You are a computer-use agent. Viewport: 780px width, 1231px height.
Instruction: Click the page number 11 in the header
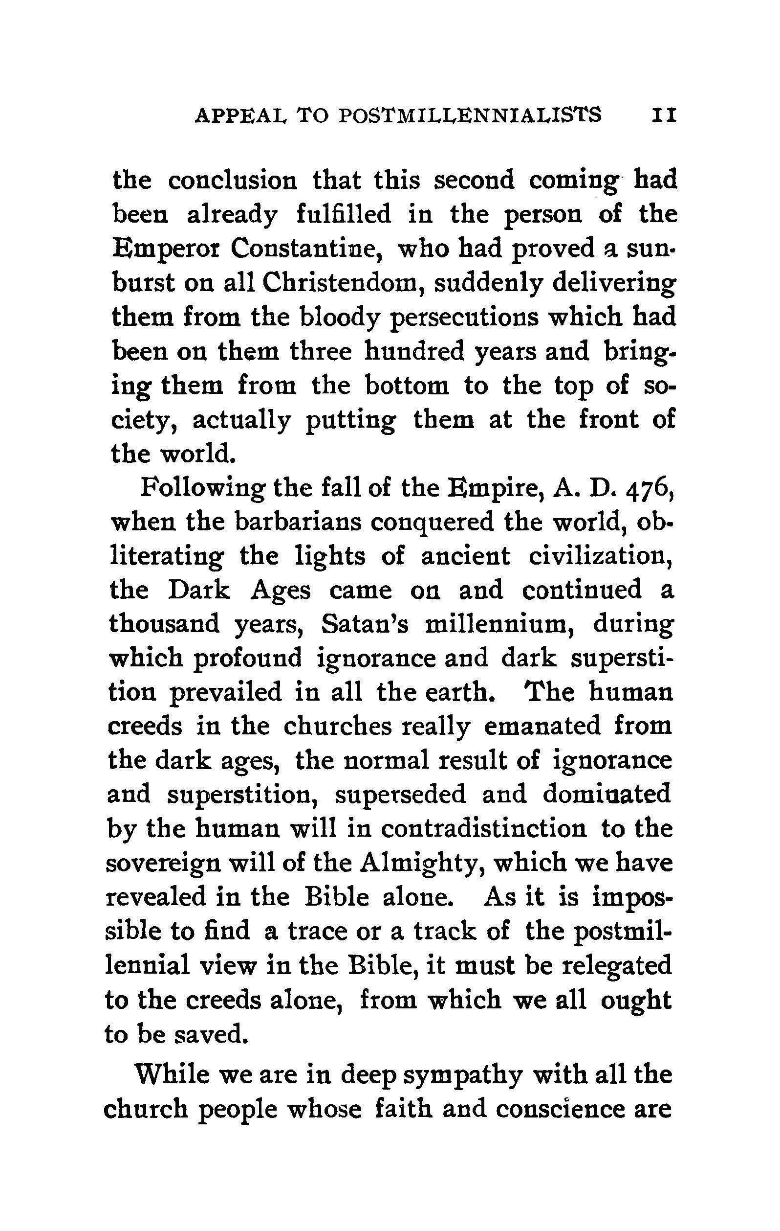(x=664, y=115)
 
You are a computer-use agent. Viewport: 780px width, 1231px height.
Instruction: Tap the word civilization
(x=601, y=556)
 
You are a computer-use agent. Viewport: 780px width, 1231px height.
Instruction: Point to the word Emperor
(x=164, y=250)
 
